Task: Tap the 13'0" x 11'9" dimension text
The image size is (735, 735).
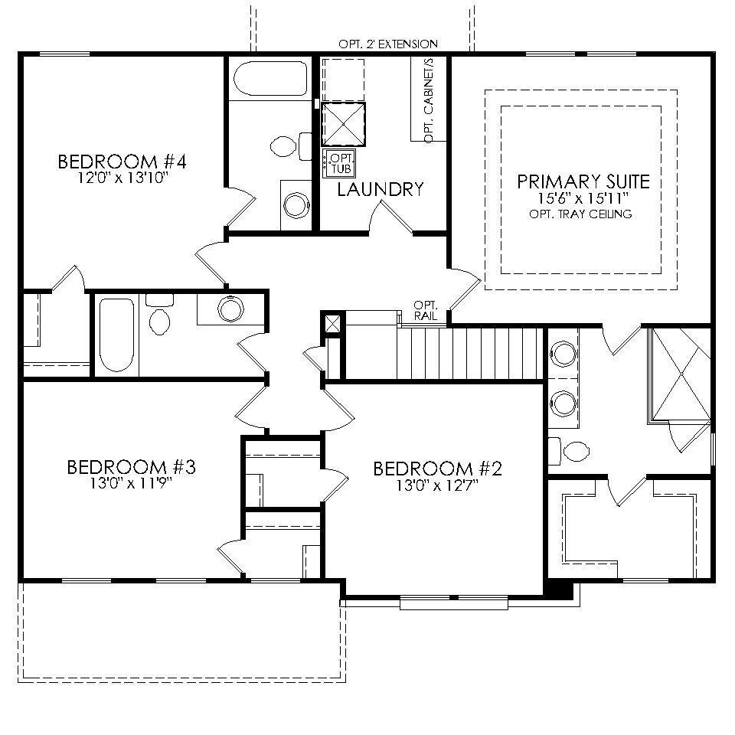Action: [131, 482]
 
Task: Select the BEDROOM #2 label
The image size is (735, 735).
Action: [436, 469]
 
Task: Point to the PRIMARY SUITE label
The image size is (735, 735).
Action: [583, 181]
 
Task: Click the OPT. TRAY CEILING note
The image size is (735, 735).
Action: [580, 214]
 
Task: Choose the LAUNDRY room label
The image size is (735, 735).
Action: [381, 189]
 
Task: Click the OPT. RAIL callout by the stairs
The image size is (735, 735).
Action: [425, 310]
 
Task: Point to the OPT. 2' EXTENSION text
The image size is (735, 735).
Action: [388, 44]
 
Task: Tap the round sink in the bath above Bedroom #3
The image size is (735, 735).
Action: [230, 309]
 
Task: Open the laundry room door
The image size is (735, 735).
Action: [390, 218]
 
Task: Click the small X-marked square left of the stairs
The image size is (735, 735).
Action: [333, 324]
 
